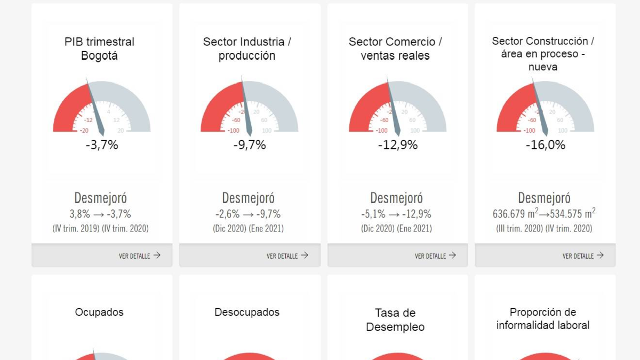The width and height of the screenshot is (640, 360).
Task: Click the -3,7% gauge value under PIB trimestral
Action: (x=102, y=145)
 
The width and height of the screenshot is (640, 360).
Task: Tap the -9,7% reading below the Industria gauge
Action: (x=250, y=145)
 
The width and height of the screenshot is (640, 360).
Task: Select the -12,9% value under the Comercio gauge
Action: (x=398, y=145)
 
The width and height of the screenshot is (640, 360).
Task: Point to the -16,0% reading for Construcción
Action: (x=546, y=145)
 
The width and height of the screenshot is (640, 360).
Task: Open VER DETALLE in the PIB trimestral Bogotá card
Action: (x=139, y=256)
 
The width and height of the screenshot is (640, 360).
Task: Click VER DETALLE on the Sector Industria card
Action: (x=287, y=256)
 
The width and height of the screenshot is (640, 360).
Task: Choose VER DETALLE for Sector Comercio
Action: (x=435, y=256)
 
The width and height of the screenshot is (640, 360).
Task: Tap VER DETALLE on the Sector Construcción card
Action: (x=583, y=256)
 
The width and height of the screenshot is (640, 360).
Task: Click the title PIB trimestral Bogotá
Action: (x=100, y=49)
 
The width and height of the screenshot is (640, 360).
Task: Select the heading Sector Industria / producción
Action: (x=247, y=49)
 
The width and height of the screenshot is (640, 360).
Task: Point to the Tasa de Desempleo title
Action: (x=395, y=320)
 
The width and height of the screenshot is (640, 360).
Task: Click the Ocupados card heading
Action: (x=99, y=313)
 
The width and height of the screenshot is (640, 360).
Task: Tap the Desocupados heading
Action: (x=247, y=313)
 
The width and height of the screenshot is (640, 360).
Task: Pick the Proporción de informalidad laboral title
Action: (x=543, y=318)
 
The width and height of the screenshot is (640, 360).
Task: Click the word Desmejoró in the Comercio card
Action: (x=396, y=198)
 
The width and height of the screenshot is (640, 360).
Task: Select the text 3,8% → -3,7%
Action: (x=100, y=214)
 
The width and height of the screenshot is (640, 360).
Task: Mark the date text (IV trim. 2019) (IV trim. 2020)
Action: (x=100, y=229)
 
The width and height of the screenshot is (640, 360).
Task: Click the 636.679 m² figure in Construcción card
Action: (x=516, y=214)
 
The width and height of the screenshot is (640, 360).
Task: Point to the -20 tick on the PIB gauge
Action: (x=84, y=131)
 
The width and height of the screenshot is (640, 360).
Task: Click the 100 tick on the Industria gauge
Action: (x=267, y=131)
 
